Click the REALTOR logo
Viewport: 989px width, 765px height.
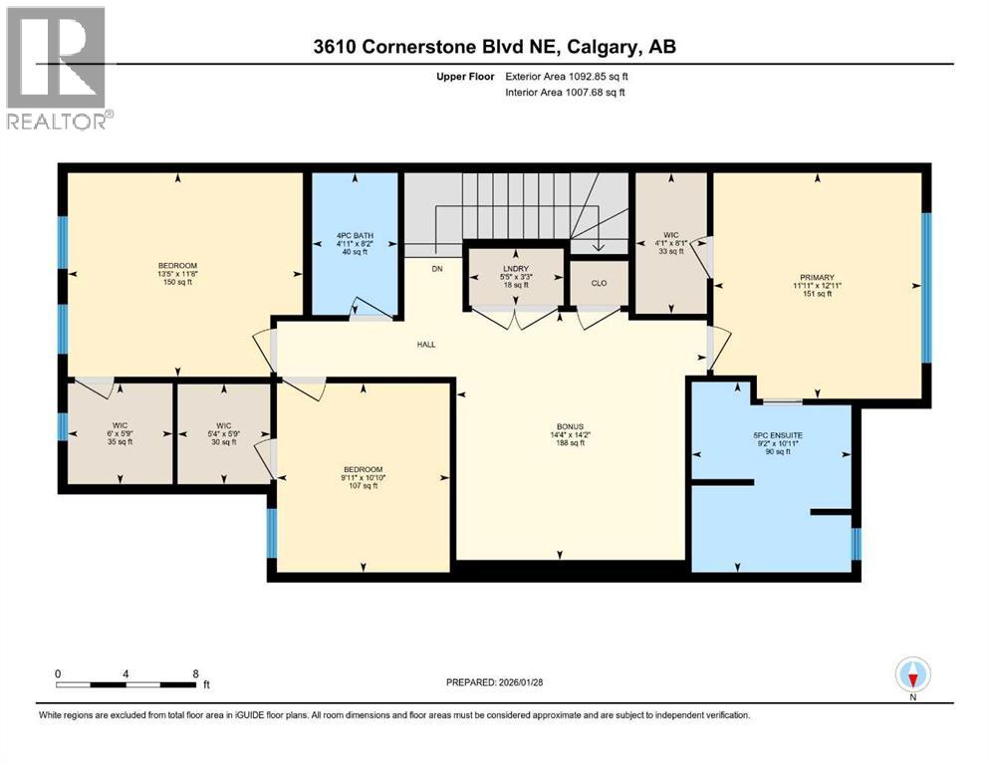(x=58, y=68)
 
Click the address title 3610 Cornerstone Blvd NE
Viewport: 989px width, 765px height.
(x=493, y=47)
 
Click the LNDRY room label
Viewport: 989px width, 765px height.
(x=515, y=269)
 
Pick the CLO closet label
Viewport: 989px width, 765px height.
(x=599, y=282)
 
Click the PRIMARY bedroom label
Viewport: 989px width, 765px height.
(x=815, y=277)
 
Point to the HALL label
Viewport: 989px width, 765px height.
(x=426, y=345)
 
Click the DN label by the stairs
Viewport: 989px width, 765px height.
(x=436, y=268)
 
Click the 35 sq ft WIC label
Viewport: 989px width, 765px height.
(x=118, y=433)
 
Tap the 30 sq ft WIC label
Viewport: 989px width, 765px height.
(x=222, y=433)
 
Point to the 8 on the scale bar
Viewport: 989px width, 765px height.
(x=195, y=672)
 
